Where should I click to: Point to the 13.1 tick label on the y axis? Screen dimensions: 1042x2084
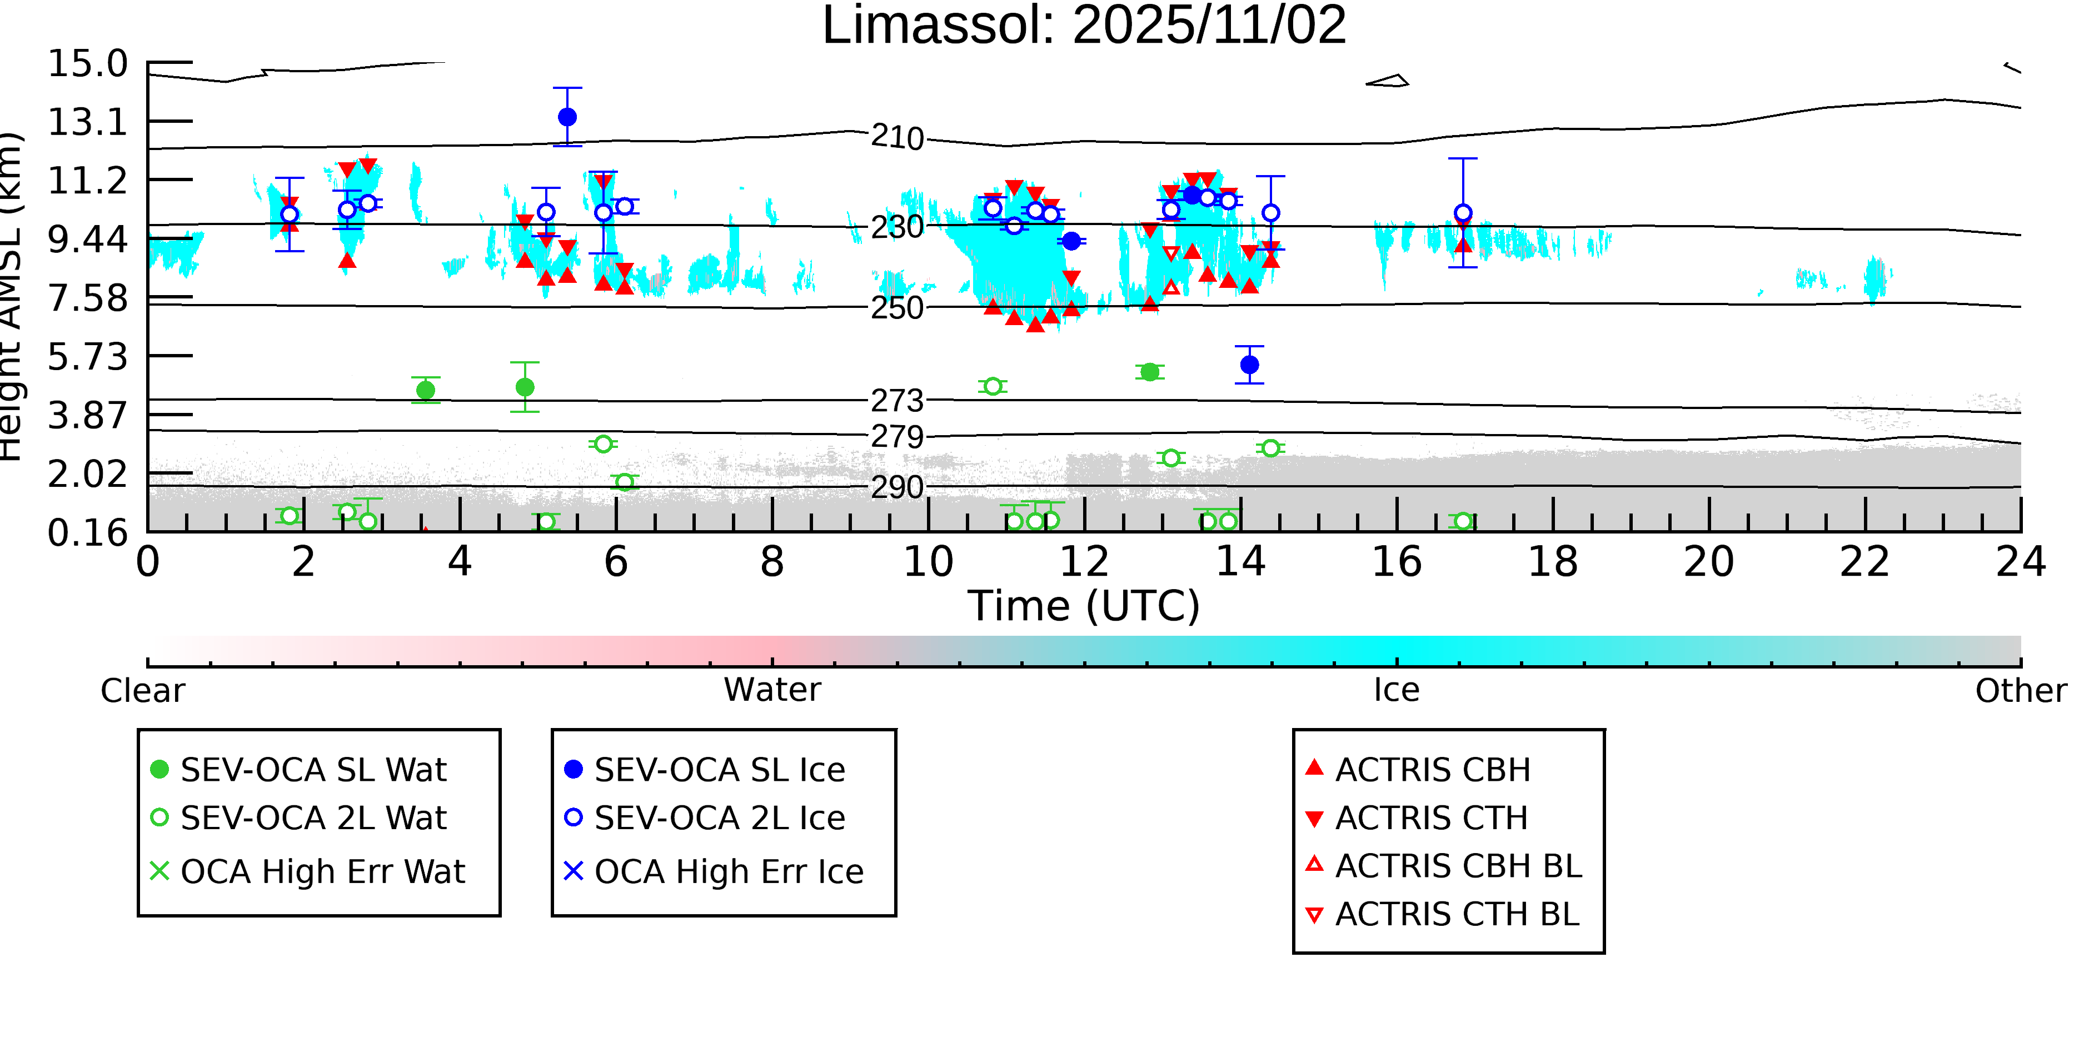tap(87, 123)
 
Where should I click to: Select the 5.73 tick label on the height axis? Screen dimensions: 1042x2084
tap(87, 357)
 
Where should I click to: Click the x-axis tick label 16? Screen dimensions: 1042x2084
tap(1397, 562)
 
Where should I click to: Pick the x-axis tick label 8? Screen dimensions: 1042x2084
tap(772, 562)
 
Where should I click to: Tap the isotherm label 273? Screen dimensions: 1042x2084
tap(897, 401)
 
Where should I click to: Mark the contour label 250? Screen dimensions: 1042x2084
tap(897, 308)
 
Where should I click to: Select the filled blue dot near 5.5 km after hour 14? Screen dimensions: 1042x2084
tap(1249, 365)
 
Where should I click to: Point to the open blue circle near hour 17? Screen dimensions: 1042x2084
tap(1463, 213)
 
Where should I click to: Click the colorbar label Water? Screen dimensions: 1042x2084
tap(772, 690)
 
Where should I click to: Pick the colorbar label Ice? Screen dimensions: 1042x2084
tap(1397, 690)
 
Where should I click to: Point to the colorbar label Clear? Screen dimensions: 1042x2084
tap(142, 691)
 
